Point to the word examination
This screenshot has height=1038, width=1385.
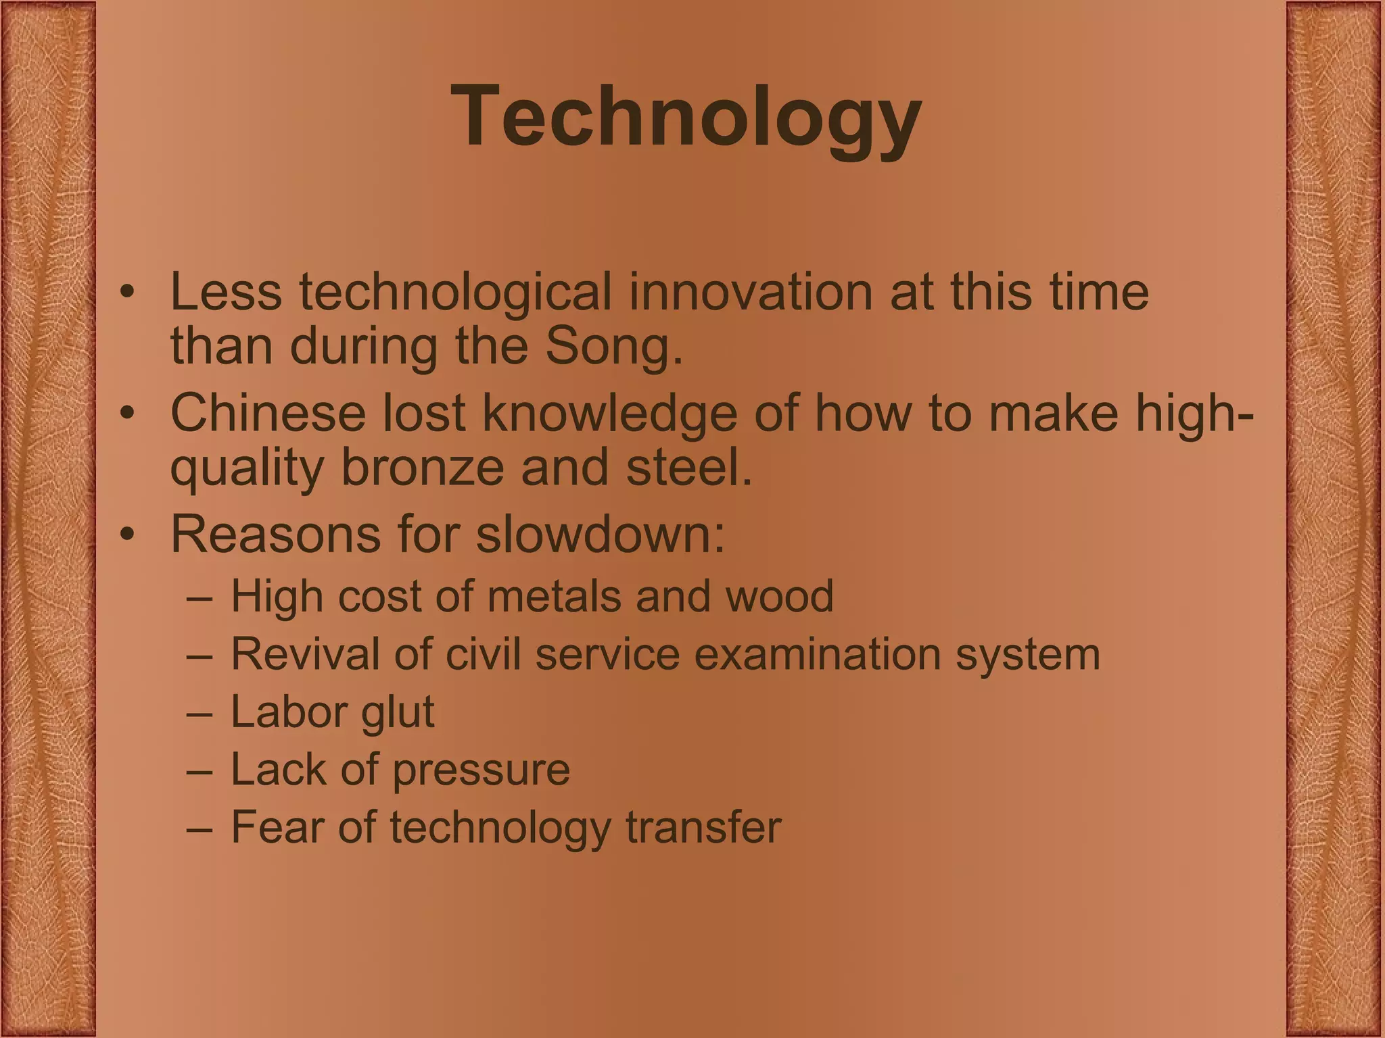pyautogui.click(x=817, y=654)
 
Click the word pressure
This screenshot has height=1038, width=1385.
pyautogui.click(x=481, y=770)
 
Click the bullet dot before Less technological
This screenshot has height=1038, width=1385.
pyautogui.click(x=126, y=293)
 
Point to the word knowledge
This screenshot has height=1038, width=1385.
pyautogui.click(x=609, y=413)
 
